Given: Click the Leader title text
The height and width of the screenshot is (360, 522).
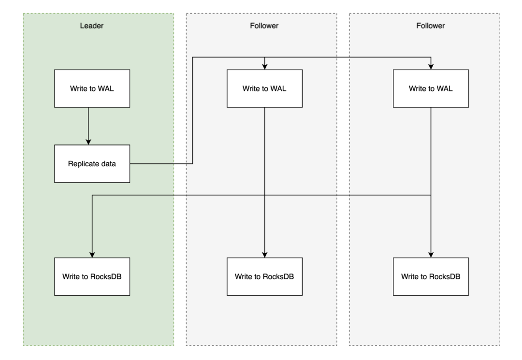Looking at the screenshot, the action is point(91,26).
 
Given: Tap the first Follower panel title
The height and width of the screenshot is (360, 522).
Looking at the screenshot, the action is point(264,26).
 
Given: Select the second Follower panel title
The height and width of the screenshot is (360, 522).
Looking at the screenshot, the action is point(431,26).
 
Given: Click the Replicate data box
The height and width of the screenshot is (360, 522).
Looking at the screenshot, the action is point(92,164).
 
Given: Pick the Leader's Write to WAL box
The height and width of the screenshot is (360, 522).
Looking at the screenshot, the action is point(92,88).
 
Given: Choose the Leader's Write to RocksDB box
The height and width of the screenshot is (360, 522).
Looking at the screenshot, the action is point(92,276).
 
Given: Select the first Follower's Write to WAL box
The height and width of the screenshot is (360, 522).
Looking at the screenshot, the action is point(265,88).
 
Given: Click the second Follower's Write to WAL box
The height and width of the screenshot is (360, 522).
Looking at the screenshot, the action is point(431,88).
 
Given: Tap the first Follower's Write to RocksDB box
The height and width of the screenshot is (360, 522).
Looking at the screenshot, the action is point(265,276).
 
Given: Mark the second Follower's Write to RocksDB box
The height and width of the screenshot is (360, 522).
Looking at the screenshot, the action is point(431,276).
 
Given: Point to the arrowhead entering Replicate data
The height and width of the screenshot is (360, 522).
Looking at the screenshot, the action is point(88,142).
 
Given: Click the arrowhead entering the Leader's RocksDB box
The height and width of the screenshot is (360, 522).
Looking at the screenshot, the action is point(92,255).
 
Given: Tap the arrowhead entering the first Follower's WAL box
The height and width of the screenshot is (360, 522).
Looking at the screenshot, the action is point(265,67).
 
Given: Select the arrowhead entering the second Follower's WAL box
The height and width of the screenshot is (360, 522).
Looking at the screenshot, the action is point(431,67).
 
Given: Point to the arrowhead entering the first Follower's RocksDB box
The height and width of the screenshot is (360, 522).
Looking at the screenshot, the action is point(265,255).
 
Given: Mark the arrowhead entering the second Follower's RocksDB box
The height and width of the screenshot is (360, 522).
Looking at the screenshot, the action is point(431,255).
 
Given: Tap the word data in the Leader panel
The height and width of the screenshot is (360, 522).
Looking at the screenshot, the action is point(109,164).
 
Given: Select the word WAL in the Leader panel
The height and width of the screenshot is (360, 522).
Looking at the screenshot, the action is point(106,88).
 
